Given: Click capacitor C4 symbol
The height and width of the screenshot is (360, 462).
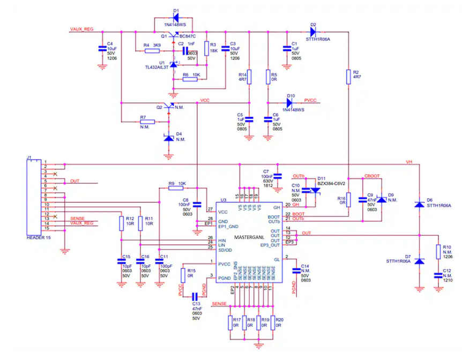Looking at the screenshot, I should (x=102, y=49).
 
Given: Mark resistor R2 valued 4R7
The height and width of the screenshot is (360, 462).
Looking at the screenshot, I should (x=348, y=75).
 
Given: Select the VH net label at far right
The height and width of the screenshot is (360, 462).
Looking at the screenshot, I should (x=409, y=161).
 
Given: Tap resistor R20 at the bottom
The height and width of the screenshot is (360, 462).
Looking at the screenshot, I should (x=271, y=322).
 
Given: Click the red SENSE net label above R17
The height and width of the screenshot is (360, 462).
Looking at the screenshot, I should (x=219, y=304).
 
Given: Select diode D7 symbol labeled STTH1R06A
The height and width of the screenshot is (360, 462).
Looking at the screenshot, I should (x=419, y=261).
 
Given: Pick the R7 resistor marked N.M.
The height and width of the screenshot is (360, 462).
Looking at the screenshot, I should (x=144, y=122).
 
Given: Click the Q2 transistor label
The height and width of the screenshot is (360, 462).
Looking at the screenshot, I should (x=159, y=107).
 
